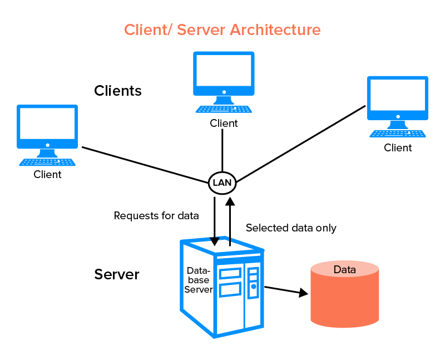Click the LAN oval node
click(222, 183)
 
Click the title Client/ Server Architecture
click(222, 29)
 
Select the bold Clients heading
click(118, 91)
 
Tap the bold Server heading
click(117, 274)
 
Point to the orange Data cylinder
click(345, 295)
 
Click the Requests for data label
click(156, 215)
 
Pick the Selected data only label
click(291, 228)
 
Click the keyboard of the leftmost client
click(47, 162)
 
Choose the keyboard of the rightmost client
click(398, 134)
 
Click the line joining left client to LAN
click(145, 164)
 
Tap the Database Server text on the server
click(198, 280)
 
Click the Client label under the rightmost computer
click(398, 148)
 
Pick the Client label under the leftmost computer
click(47, 175)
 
